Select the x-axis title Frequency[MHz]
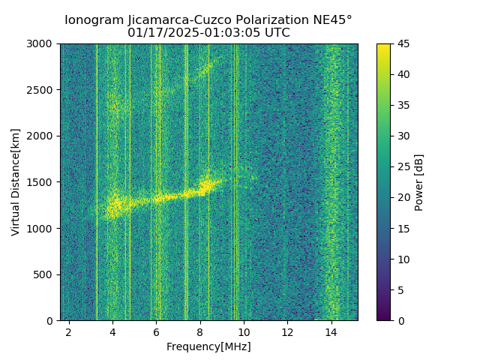pyautogui.click(x=208, y=346)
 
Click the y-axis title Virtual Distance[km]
pyautogui.click(x=16, y=182)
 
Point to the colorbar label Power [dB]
pyautogui.click(x=419, y=182)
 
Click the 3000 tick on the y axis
pyautogui.click(x=43, y=43)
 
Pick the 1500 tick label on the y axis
pyautogui.click(x=43, y=182)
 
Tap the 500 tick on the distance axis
pyautogui.click(x=45, y=274)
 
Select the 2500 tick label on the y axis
pyautogui.click(x=43, y=90)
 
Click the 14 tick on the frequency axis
pyautogui.click(x=331, y=331)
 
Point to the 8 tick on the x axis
pyautogui.click(x=200, y=331)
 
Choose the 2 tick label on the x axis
pyautogui.click(x=69, y=331)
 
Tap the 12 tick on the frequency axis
pyautogui.click(x=287, y=331)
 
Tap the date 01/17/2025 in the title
pyautogui.click(x=157, y=33)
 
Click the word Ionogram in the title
pyautogui.click(x=89, y=20)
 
